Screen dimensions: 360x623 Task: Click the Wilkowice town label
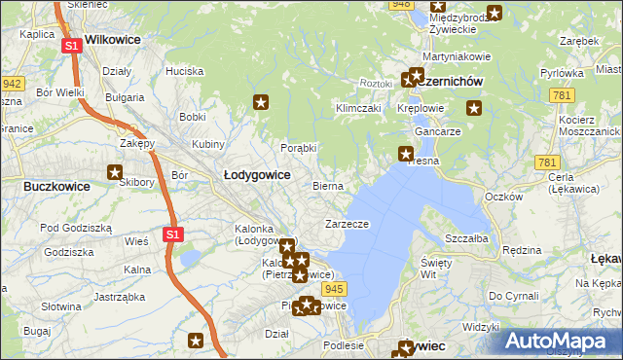pyautogui.click(x=113, y=40)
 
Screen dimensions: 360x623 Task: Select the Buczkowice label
pyautogui.click(x=56, y=186)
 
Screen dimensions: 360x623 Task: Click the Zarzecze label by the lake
pyautogui.click(x=347, y=224)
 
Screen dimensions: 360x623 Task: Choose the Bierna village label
pyautogui.click(x=327, y=185)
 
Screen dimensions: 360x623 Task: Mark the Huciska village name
pyautogui.click(x=184, y=71)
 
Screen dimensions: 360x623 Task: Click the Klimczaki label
pyautogui.click(x=357, y=108)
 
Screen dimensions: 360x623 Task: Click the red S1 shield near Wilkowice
pyautogui.click(x=71, y=46)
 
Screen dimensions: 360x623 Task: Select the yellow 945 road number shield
pyautogui.click(x=336, y=289)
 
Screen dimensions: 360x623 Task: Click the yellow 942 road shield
pyautogui.click(x=12, y=85)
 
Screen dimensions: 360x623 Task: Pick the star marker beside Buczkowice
pyautogui.click(x=116, y=172)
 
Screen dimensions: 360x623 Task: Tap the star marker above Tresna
pyautogui.click(x=406, y=153)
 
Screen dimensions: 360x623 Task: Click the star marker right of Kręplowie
pyautogui.click(x=474, y=108)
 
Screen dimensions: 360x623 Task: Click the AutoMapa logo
pyautogui.click(x=559, y=341)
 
